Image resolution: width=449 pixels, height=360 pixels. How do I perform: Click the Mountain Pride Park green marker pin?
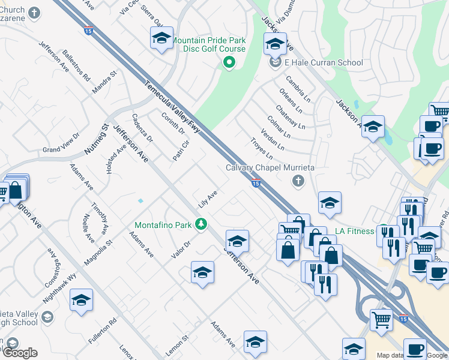point(229,61)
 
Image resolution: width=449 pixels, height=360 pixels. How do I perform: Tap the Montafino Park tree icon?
point(202,224)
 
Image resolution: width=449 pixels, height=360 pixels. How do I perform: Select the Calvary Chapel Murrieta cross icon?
point(298,180)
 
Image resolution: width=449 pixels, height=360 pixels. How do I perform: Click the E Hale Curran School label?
point(324,62)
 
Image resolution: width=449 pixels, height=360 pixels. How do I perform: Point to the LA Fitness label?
point(354,231)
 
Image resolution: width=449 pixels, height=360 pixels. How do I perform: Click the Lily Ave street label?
point(208,199)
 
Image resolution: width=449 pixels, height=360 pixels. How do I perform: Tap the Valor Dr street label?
point(180,250)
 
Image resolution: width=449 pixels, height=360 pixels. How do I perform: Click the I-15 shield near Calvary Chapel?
point(255,184)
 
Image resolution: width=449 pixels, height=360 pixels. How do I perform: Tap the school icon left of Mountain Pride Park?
point(161,38)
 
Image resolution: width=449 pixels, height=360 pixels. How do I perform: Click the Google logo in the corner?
point(20,353)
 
